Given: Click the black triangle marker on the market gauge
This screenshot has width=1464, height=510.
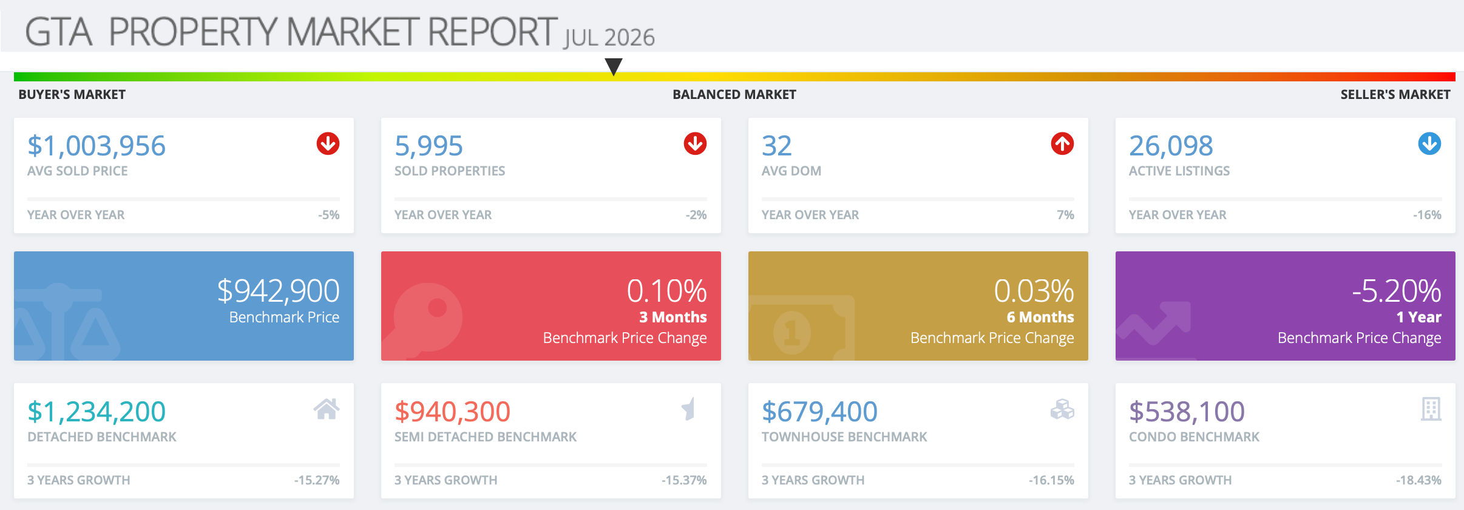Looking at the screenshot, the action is tap(614, 66).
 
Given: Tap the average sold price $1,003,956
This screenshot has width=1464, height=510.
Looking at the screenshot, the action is tap(97, 146).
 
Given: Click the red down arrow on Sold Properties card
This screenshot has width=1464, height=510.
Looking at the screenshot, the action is tap(695, 144).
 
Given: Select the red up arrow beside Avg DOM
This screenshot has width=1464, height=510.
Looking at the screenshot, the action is tap(1062, 144).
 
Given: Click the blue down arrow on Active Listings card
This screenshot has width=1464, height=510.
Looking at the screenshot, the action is tap(1429, 144).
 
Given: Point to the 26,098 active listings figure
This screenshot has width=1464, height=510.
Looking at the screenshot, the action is tap(1171, 146).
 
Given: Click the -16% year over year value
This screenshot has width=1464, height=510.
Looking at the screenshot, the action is tap(1427, 215).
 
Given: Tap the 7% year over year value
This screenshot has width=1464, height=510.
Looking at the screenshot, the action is tap(1065, 215).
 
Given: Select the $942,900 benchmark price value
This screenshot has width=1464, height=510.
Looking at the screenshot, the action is tap(279, 291).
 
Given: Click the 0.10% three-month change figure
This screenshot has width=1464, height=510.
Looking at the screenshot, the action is tap(667, 291).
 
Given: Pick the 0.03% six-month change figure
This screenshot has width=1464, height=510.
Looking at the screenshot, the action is tap(1034, 291).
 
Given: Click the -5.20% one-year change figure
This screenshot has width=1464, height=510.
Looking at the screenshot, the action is tap(1397, 291).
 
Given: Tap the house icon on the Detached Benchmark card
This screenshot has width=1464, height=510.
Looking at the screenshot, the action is tap(327, 409).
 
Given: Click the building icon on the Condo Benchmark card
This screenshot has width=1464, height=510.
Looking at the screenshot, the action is tap(1431, 409).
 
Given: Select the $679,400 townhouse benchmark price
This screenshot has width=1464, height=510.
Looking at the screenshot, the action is tap(819, 412).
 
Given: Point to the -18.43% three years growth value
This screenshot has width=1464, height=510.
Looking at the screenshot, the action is tap(1418, 480).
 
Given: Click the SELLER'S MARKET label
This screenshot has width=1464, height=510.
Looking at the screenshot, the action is tap(1395, 95).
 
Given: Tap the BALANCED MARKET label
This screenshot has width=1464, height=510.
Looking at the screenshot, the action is tap(734, 95).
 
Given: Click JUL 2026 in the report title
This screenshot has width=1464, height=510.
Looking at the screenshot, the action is tap(609, 38).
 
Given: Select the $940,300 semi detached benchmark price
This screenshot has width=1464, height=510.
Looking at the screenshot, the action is tap(452, 412).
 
